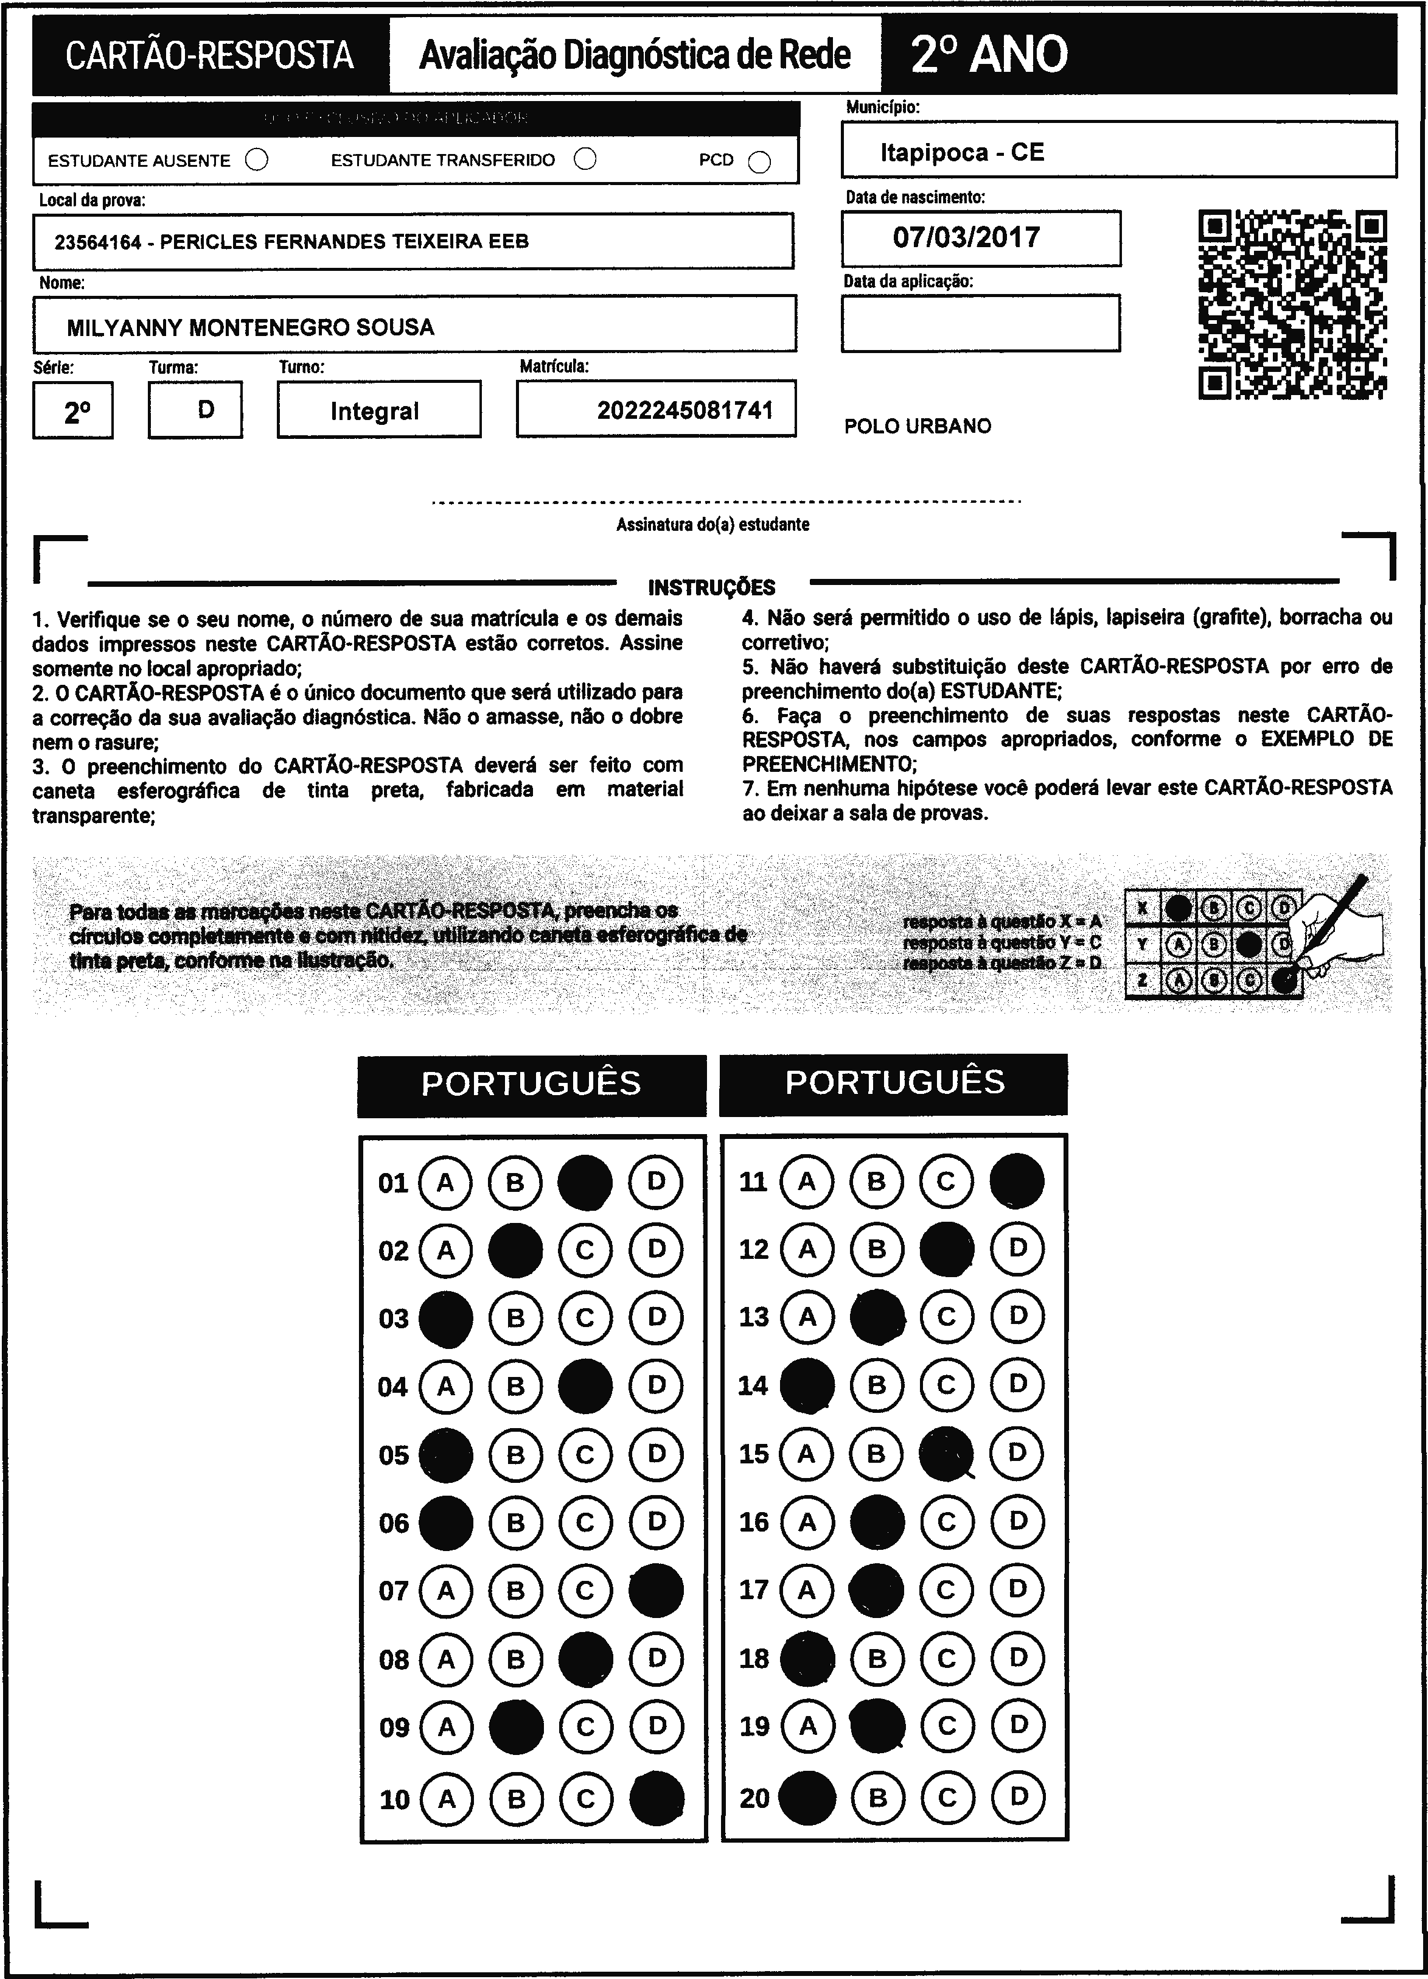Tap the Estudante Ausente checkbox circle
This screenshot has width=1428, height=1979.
(x=257, y=161)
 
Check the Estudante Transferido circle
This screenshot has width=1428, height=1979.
(x=585, y=159)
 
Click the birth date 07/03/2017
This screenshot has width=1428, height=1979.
(x=966, y=237)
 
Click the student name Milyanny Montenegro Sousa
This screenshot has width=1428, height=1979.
(x=250, y=327)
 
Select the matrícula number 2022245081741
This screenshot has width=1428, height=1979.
(x=684, y=410)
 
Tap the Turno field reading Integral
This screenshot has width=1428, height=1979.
(x=374, y=411)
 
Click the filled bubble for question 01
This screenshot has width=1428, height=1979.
(x=585, y=1182)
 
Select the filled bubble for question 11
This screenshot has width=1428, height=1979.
(x=1017, y=1180)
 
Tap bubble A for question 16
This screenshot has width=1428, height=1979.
(x=807, y=1522)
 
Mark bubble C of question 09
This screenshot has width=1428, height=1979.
(x=585, y=1727)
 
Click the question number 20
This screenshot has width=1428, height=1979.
(x=754, y=1798)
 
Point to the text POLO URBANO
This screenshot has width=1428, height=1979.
(x=918, y=426)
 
